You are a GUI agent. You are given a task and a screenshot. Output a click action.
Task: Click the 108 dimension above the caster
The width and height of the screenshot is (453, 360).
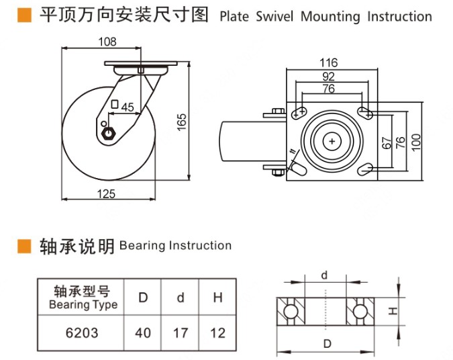coord(107,42)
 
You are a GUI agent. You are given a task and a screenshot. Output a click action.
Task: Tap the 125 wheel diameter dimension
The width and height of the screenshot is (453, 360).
coord(107,194)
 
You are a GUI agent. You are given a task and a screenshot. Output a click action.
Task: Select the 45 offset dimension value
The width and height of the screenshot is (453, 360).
coord(128,107)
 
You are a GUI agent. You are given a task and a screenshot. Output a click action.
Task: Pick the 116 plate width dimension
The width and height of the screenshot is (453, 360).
coord(329,63)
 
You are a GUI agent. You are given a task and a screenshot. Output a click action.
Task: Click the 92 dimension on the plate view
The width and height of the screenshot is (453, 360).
coord(328,77)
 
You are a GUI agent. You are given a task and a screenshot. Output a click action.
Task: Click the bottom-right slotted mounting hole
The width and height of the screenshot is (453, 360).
coord(365,168)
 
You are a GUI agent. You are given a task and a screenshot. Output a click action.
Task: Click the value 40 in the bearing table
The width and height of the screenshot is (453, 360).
coord(142,332)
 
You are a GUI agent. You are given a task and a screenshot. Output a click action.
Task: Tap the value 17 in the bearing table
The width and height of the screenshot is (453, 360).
coord(180,332)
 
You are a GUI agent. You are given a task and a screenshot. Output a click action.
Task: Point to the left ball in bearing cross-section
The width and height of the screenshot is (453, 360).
coord(289,312)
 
